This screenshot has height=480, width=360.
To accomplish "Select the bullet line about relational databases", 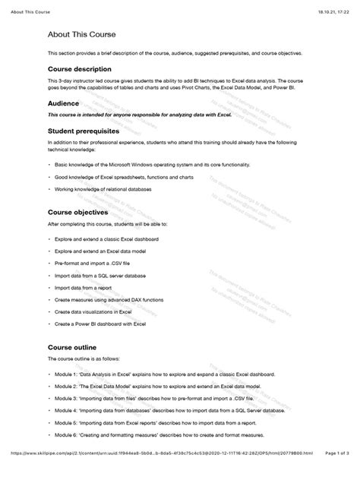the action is point(114,188).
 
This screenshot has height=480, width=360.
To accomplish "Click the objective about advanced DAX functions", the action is point(115,300).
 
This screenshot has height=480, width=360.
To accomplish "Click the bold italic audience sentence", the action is point(128,115).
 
